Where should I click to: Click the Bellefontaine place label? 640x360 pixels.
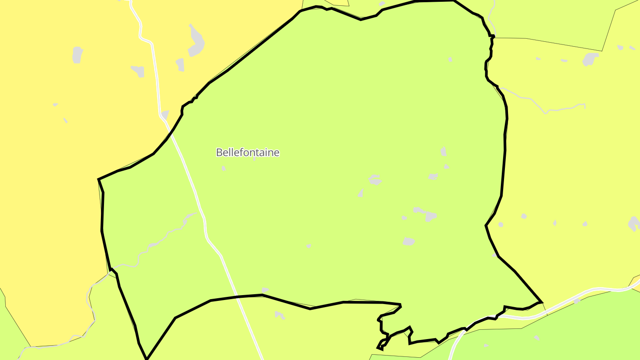[x=248, y=152]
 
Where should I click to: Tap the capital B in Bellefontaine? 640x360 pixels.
[x=219, y=152]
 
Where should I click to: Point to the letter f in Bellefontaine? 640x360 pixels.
[x=240, y=152]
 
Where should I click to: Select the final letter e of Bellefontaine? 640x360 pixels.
[x=277, y=153]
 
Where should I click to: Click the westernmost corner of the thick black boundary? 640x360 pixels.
[x=98, y=180]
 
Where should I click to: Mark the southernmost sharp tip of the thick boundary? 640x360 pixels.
[x=147, y=358]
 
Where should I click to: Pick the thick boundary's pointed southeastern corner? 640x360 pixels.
[x=541, y=302]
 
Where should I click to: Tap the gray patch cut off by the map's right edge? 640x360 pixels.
[x=634, y=224]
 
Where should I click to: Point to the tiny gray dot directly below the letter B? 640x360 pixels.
[x=224, y=168]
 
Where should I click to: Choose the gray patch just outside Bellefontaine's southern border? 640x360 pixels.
[x=280, y=315]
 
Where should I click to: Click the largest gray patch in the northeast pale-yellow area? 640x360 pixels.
[x=590, y=59]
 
